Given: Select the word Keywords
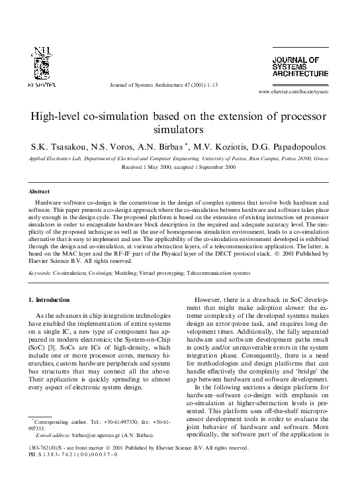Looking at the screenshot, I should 40,272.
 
